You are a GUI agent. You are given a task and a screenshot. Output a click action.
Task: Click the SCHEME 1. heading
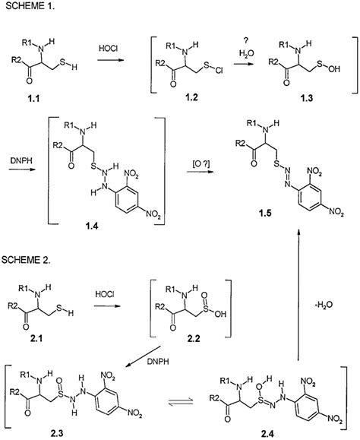pyautogui.click(x=30, y=6)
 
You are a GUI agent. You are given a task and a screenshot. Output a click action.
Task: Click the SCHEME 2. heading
pyautogui.click(x=26, y=260)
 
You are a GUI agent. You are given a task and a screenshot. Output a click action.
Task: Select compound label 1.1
pyautogui.click(x=33, y=99)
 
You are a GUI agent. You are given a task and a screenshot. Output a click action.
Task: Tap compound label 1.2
pyautogui.click(x=191, y=97)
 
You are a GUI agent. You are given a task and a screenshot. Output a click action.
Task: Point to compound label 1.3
pyautogui.click(x=306, y=98)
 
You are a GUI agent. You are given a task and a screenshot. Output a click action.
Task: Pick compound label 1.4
pyautogui.click(x=92, y=226)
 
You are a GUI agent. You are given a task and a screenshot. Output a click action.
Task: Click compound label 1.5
pyautogui.click(x=265, y=213)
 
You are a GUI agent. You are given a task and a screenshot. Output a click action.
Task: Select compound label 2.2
pyautogui.click(x=194, y=339)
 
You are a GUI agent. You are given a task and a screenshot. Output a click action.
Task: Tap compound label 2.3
pyautogui.click(x=56, y=433)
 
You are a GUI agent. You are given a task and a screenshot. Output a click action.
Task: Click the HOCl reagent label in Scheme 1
pyautogui.click(x=108, y=49)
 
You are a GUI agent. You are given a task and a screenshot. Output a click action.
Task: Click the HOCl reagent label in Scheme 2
pyautogui.click(x=105, y=294)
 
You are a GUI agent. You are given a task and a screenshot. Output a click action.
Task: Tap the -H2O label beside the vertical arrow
pyautogui.click(x=323, y=305)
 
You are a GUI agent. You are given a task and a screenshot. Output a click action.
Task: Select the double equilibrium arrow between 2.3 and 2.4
pyautogui.click(x=181, y=402)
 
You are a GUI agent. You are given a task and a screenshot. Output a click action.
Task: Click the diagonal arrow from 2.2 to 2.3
pyautogui.click(x=143, y=356)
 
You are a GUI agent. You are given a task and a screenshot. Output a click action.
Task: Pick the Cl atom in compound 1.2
pyautogui.click(x=219, y=71)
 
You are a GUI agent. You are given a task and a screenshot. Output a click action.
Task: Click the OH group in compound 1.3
pyautogui.click(x=334, y=68)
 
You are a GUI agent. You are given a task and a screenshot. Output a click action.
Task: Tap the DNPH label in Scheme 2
pyautogui.click(x=158, y=362)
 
